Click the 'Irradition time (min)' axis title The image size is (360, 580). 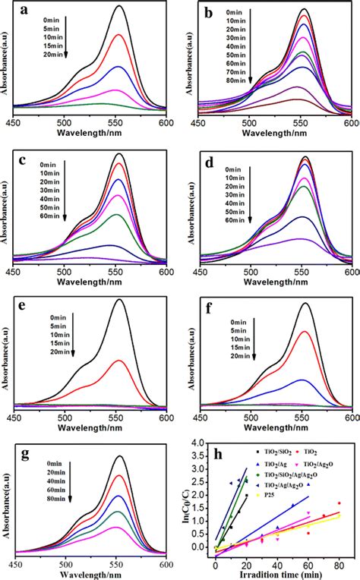click(x=277, y=571)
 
